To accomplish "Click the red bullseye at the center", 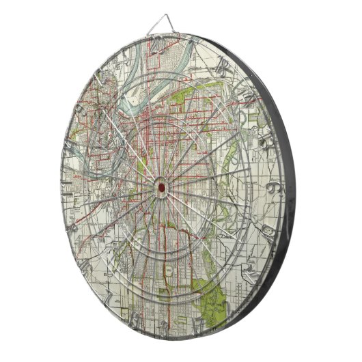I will pos(161,185).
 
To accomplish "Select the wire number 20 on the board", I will pos(158,46).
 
